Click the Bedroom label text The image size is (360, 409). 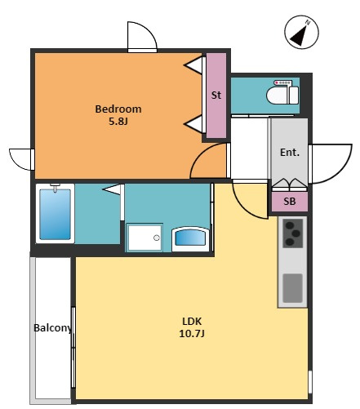tap(118, 109)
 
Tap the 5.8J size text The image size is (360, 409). tap(118, 121)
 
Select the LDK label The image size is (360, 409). tap(192, 322)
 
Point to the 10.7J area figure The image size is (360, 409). tap(192, 333)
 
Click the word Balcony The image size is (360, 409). tap(53, 328)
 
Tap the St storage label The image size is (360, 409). tap(216, 95)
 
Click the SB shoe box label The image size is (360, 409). tap(289, 201)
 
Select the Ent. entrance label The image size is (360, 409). tap(290, 152)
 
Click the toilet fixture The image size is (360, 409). tap(282, 92)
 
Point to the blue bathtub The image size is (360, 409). tap(55, 214)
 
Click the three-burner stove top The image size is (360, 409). tap(292, 233)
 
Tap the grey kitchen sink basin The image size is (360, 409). tap(292, 288)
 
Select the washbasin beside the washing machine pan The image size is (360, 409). tap(190, 238)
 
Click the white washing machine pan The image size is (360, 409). tap(144, 238)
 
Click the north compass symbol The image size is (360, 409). tap(301, 33)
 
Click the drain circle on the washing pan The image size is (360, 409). tap(157, 238)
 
